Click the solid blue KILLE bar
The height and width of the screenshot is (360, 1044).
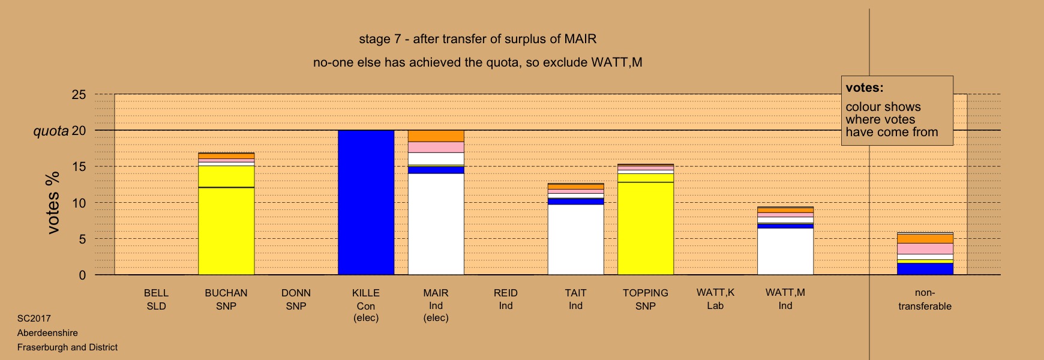click(366, 202)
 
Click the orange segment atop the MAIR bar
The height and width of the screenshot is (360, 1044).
click(436, 136)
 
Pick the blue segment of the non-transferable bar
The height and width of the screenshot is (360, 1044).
click(925, 269)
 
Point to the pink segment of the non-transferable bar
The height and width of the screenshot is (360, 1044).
click(925, 248)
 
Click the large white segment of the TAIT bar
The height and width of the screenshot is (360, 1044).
click(576, 239)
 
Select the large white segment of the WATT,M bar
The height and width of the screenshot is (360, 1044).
click(785, 251)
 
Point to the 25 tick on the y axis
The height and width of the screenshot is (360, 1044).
click(79, 95)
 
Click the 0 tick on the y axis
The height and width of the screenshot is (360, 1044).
click(82, 275)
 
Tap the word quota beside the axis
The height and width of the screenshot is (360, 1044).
click(51, 131)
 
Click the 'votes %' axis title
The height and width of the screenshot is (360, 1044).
click(53, 203)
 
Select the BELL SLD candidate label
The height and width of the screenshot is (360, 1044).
click(156, 299)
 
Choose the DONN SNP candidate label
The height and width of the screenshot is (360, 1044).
click(296, 299)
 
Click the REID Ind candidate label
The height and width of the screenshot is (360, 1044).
click(506, 299)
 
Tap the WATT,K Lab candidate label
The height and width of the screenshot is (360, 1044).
click(715, 299)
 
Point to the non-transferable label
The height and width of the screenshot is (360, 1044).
click(925, 299)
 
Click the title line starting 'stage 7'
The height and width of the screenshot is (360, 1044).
click(478, 40)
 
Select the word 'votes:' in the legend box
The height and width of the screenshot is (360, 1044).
click(865, 88)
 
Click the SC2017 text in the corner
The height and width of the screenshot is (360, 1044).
click(34, 319)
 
